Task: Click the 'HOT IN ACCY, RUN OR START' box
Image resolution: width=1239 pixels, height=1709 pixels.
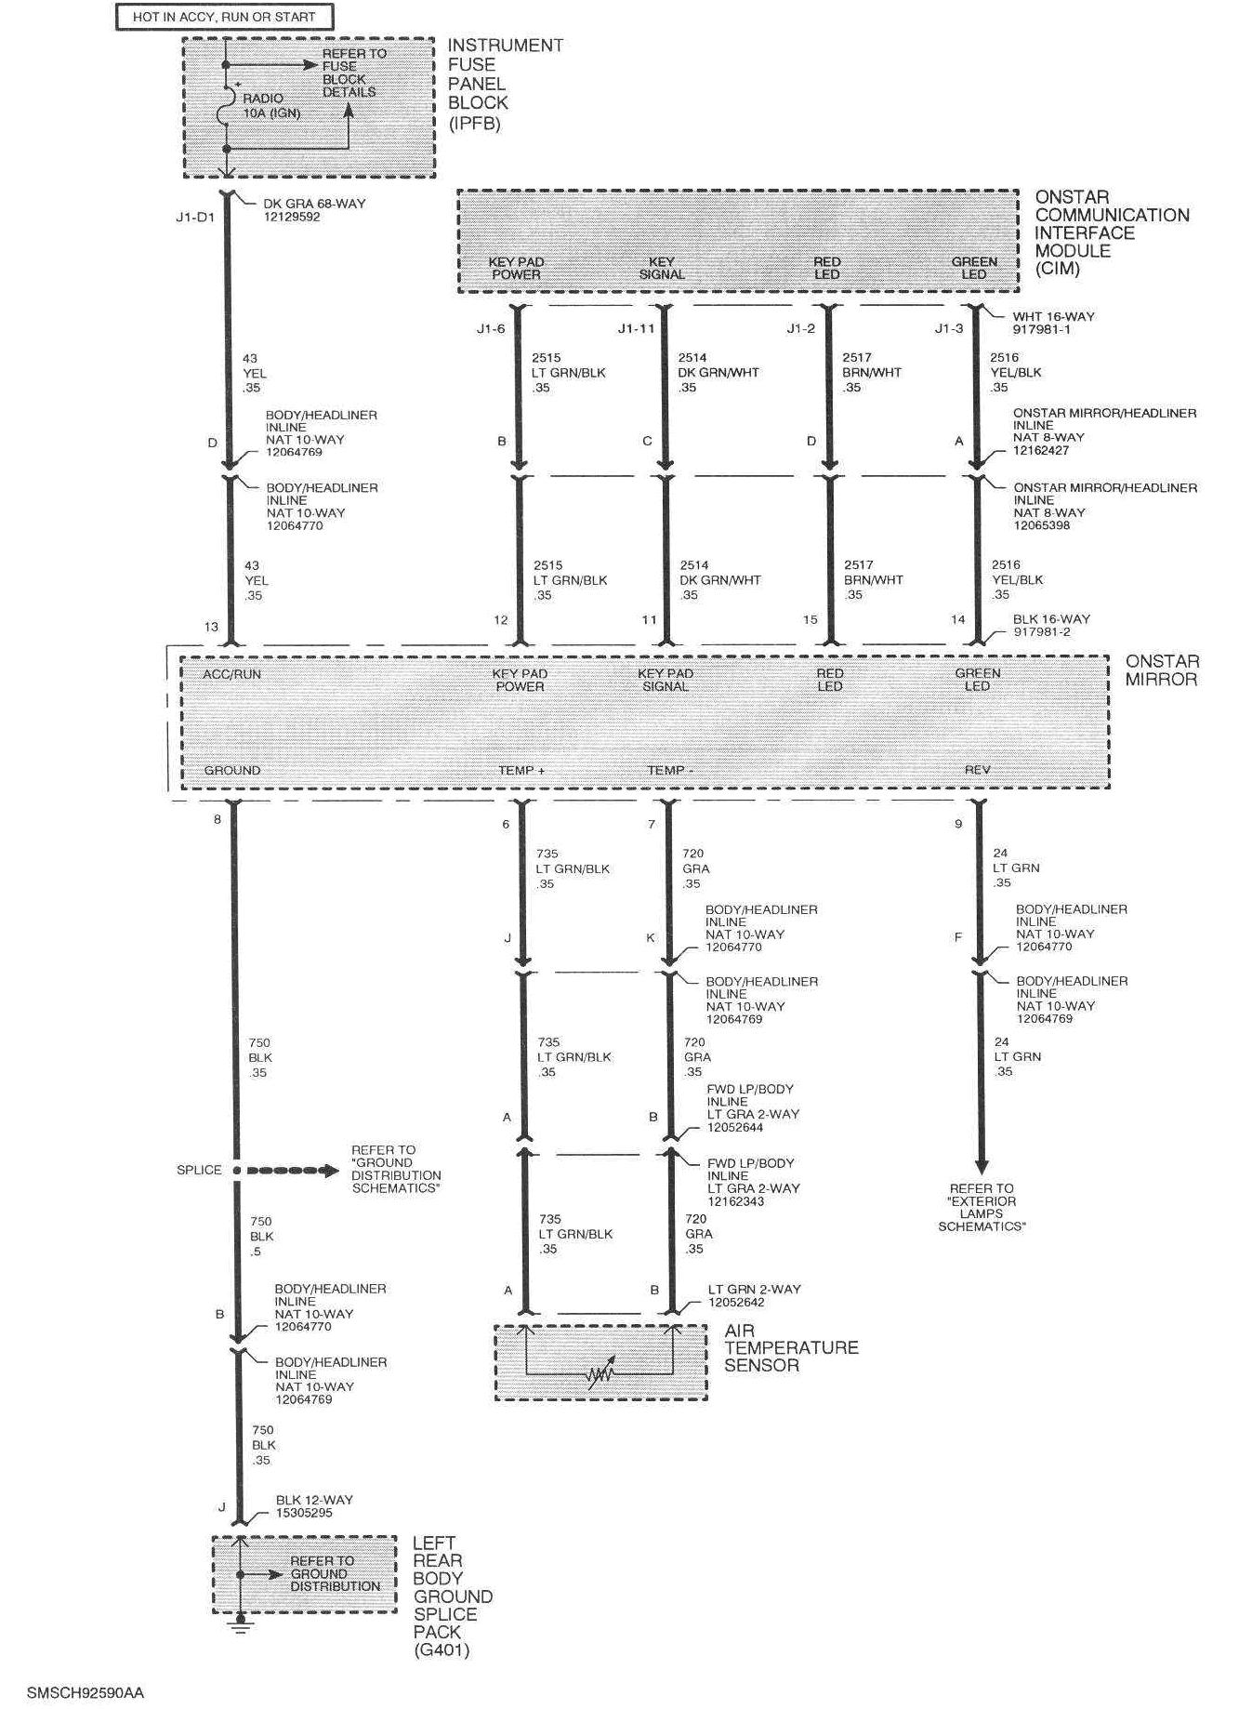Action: [x=224, y=17]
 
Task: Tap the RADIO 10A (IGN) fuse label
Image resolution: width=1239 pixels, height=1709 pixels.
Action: [x=271, y=106]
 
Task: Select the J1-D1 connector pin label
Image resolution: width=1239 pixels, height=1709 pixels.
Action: [x=195, y=218]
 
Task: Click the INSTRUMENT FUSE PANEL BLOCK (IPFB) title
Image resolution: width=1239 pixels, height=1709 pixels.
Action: [x=505, y=84]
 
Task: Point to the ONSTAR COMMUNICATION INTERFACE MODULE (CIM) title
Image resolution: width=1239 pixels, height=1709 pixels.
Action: [x=1112, y=232]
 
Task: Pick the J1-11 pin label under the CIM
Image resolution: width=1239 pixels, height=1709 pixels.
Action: [x=637, y=329]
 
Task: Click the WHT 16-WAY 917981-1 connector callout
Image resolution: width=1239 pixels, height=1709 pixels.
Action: [x=1053, y=323]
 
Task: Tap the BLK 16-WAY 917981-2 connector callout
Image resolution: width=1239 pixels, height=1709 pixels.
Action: [x=1050, y=625]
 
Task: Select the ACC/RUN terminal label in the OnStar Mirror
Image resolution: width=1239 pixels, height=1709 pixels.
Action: [x=232, y=674]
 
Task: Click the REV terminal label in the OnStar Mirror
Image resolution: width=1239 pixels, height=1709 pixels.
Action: [x=978, y=770]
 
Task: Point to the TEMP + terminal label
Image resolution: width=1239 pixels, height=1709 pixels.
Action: [x=521, y=770]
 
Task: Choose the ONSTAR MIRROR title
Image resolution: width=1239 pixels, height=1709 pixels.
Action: [x=1162, y=670]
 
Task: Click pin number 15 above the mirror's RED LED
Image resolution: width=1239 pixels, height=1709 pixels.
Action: [x=811, y=619]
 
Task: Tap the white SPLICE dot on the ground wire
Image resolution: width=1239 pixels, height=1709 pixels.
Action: [x=237, y=1170]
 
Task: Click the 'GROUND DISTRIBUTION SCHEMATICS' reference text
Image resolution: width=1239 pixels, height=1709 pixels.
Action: [x=396, y=1169]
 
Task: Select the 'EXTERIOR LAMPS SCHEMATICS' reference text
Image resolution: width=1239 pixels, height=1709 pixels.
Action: [x=982, y=1208]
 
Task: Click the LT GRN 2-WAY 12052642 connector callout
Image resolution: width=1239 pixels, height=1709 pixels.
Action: [x=754, y=1296]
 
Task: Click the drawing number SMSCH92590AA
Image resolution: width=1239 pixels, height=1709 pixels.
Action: [x=86, y=1693]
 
